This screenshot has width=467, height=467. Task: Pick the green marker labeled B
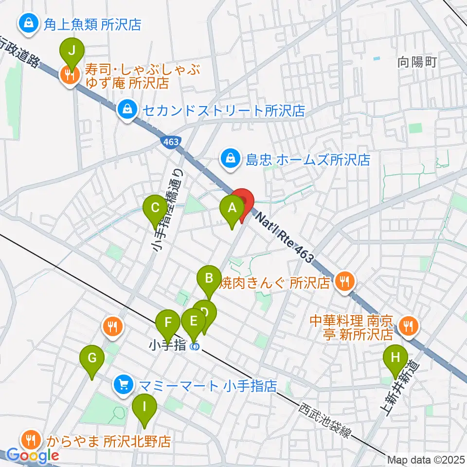click(x=209, y=280)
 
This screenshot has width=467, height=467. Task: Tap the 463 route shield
click(x=170, y=141)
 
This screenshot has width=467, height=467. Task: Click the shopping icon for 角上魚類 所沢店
click(x=29, y=23)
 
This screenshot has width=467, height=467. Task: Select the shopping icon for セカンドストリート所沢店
click(x=127, y=110)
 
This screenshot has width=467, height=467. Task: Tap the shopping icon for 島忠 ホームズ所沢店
click(x=229, y=158)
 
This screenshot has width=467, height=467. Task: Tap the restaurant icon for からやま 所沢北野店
click(x=31, y=440)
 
